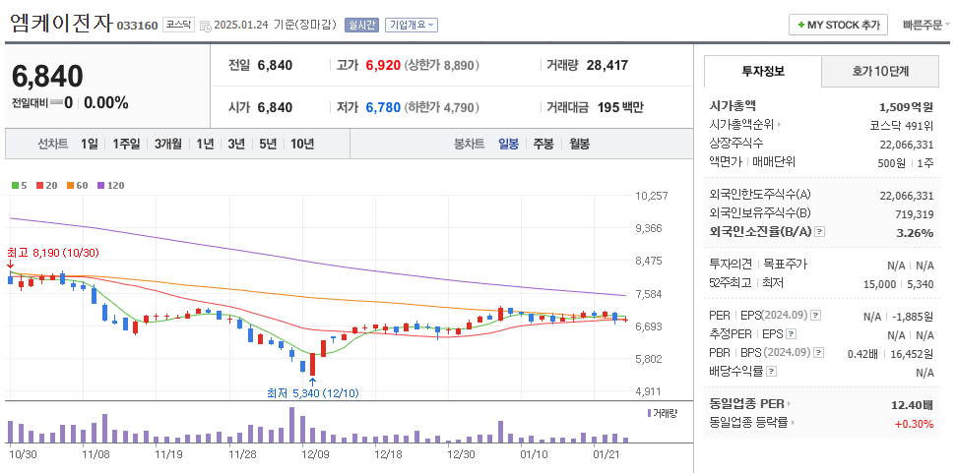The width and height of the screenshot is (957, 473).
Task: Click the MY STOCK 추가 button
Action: tap(838, 25)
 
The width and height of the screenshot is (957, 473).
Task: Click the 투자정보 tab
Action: tap(763, 72)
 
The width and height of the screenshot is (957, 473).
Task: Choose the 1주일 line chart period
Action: tap(126, 144)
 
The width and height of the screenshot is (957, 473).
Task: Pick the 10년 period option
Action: tap(301, 144)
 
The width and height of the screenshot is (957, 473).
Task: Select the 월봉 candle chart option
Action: tap(579, 144)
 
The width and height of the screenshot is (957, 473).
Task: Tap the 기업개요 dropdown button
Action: tap(412, 25)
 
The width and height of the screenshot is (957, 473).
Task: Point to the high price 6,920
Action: tap(383, 66)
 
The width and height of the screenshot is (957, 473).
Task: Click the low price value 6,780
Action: tap(383, 107)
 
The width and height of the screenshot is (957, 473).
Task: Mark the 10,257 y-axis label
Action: tap(652, 197)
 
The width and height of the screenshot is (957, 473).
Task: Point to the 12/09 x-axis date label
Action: tap(315, 454)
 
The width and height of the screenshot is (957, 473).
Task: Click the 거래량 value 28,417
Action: tap(606, 66)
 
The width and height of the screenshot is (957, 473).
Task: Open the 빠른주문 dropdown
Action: tap(925, 25)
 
